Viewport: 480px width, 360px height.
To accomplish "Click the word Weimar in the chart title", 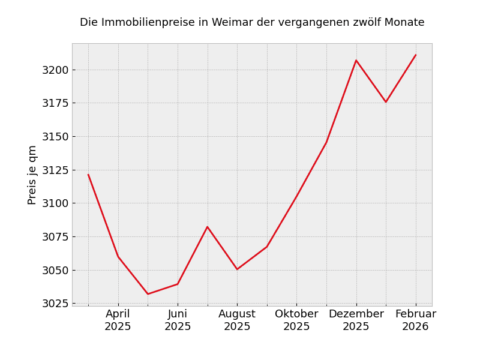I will tap(227, 23).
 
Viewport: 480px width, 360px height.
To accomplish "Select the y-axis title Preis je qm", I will tap(32, 175).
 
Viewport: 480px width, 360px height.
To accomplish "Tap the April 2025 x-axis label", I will tap(118, 320).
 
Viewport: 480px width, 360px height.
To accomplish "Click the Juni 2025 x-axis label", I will tap(178, 320).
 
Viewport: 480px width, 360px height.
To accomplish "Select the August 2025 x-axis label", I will tap(237, 320).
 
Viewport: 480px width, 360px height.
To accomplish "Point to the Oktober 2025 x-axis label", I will tap(296, 320).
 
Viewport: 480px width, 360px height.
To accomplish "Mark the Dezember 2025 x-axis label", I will tap(356, 320).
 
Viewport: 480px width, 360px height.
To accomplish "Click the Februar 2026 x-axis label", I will tap(416, 320).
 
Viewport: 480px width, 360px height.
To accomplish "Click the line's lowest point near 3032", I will tap(148, 294).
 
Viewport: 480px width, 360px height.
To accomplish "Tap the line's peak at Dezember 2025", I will tap(356, 60).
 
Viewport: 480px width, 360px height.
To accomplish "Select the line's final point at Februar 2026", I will tap(416, 55).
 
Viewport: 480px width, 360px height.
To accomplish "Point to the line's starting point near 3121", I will tap(88, 175).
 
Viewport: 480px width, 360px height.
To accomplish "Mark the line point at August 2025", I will tap(237, 269).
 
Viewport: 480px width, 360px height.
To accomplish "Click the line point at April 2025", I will tap(118, 256).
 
